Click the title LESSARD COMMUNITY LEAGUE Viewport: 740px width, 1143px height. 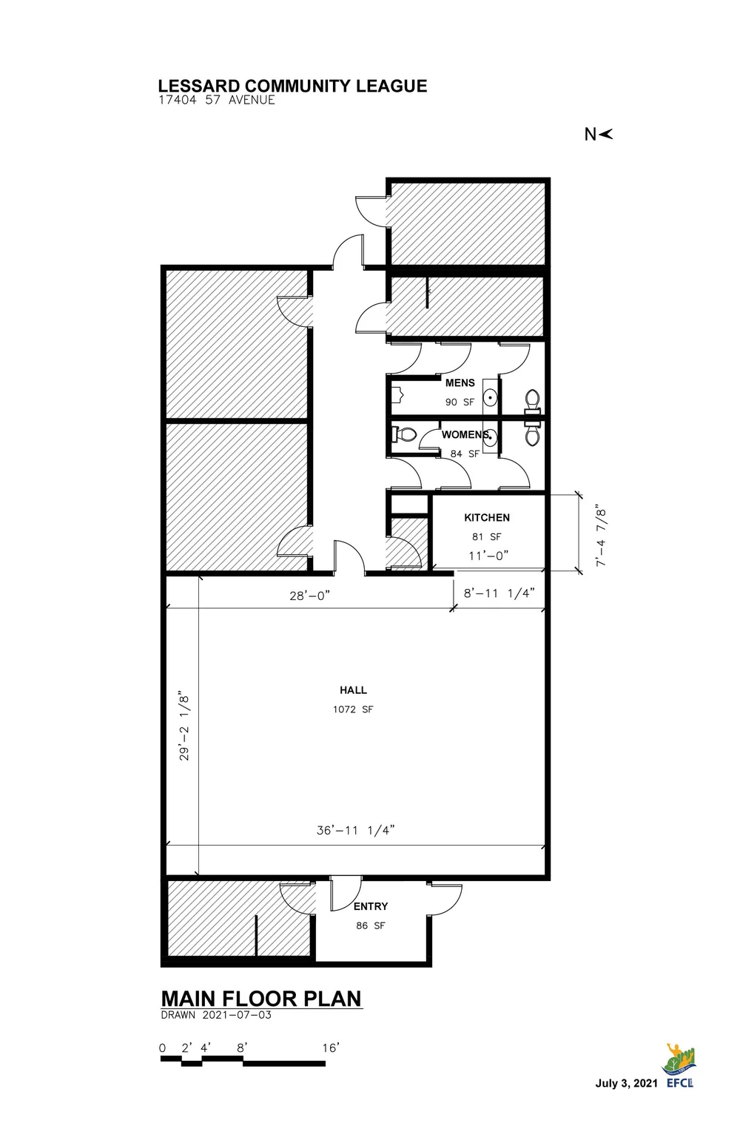coord(292,86)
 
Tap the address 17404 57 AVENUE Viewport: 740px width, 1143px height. coord(216,101)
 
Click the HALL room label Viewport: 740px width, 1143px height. coord(353,690)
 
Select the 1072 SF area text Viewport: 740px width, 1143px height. coord(353,709)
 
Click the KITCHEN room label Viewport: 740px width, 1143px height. coord(486,518)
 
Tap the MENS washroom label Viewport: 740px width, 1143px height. coord(460,383)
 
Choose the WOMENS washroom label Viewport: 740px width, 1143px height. coord(464,435)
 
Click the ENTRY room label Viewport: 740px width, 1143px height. coord(370,906)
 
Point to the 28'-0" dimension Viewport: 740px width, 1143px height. coord(310,594)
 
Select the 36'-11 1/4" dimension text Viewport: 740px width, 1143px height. coord(355,830)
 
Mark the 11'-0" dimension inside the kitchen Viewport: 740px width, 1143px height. coord(488,556)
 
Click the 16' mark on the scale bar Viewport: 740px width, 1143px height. coord(330,1048)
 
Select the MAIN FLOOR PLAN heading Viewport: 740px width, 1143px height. coord(261,998)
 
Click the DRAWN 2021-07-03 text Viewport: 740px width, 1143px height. coord(216,1015)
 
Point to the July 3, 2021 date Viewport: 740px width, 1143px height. coord(626,1084)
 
